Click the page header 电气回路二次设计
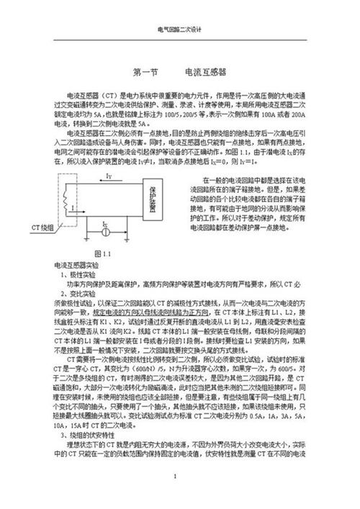pos(180,30)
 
